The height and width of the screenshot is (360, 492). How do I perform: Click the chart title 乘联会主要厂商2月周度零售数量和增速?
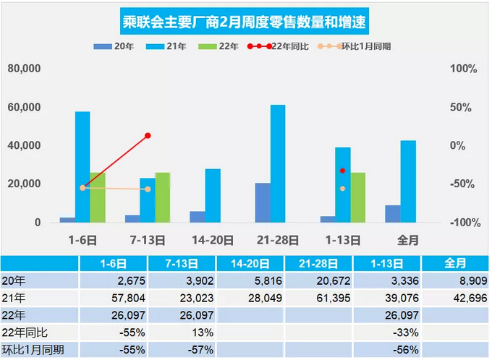click(x=245, y=23)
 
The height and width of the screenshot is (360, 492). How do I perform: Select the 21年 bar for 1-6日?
click(x=82, y=167)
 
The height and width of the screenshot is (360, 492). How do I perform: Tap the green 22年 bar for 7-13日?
click(x=163, y=197)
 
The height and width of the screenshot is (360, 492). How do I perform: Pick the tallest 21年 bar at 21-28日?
click(x=278, y=163)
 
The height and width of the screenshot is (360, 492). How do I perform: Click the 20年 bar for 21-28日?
click(x=263, y=202)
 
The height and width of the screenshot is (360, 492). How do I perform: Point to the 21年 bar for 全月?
click(x=408, y=181)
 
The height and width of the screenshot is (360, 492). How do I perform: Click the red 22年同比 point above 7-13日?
click(x=148, y=135)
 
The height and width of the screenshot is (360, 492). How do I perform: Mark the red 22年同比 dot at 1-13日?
click(x=342, y=171)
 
